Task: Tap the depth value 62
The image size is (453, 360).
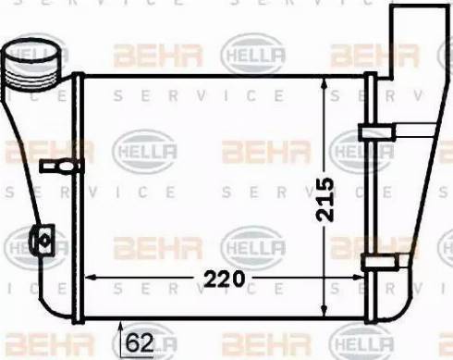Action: coord(139,343)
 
